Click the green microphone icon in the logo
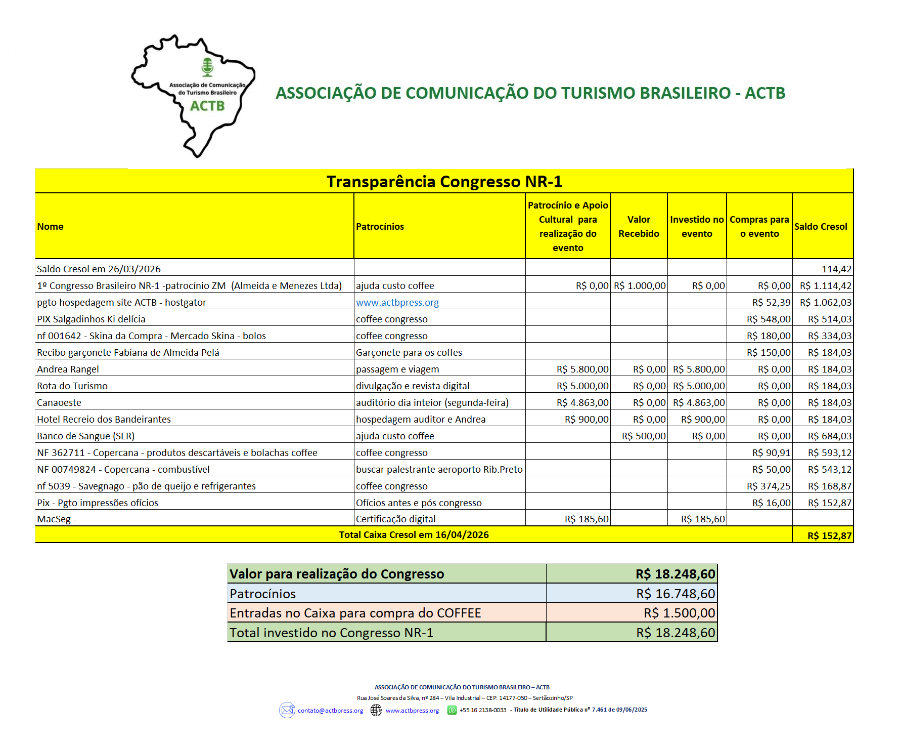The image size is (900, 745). pos(207,67)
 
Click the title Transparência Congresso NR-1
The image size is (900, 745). pos(444,182)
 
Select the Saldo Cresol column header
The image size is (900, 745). pos(821,227)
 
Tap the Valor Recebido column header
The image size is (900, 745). pos(639,227)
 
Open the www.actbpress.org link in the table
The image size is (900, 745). pos(397,303)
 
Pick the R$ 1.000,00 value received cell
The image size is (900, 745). pos(640,286)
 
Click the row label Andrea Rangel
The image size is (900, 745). pos(68,369)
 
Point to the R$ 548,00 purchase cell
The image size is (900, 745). pos(769,319)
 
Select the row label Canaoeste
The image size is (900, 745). pos(59,403)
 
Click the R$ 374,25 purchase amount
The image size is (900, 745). pos(769,486)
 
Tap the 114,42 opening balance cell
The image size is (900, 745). pos(836,269)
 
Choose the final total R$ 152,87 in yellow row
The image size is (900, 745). pos(829,536)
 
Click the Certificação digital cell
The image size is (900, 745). pos(395,519)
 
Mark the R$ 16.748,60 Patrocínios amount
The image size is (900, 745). pos(676,594)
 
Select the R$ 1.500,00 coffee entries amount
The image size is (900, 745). pos(679,613)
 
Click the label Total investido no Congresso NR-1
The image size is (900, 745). pos(331,633)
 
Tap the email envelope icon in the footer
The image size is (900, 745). pos(287,711)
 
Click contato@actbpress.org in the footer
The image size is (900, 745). pos(330,711)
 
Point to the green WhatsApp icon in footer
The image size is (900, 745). pos(452,711)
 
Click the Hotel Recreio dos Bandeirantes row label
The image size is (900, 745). pos(104,420)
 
